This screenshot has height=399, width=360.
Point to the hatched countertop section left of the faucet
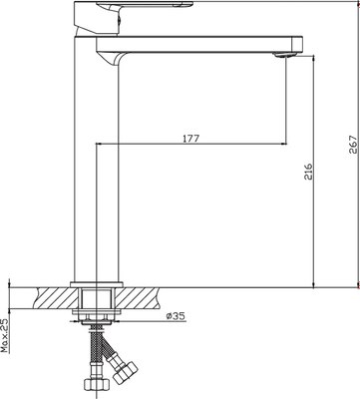50,296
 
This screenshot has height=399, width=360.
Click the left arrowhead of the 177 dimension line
98,145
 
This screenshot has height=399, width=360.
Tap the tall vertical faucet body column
97,160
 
